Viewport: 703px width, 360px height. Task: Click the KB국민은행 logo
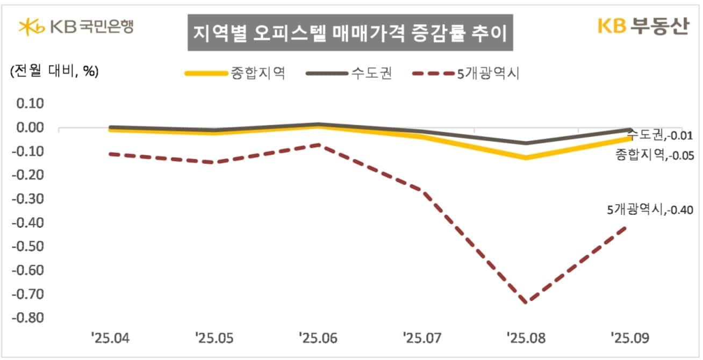coord(75,26)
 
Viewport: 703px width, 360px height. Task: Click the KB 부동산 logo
coord(643,26)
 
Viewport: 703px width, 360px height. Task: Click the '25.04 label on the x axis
coord(110,339)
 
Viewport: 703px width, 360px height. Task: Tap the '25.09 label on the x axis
coord(629,339)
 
